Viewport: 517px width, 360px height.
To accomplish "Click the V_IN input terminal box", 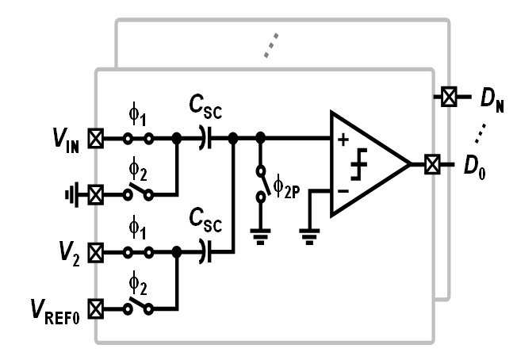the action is pyautogui.click(x=96, y=138).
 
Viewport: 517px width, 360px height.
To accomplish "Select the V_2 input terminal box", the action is pyautogui.click(x=96, y=252).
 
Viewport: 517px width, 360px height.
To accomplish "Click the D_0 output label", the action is pyautogui.click(x=474, y=167).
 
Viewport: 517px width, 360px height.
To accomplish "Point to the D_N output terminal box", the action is pyautogui.click(x=449, y=97).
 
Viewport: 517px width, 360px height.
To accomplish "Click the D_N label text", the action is pyautogui.click(x=492, y=101).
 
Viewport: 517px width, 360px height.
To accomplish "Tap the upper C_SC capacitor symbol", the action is pyautogui.click(x=205, y=138).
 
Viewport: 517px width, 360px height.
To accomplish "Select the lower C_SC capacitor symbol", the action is pyautogui.click(x=205, y=252).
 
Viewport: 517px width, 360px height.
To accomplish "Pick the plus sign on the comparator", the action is pyautogui.click(x=343, y=140).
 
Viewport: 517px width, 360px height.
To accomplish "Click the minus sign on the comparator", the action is pyautogui.click(x=343, y=191).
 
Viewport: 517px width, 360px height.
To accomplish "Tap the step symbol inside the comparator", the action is pyautogui.click(x=359, y=164).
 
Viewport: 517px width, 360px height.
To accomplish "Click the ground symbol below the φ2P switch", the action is pyautogui.click(x=260, y=237).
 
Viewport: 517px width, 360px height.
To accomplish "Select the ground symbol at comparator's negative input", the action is pyautogui.click(x=309, y=237).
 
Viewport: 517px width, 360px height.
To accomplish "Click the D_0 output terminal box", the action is pyautogui.click(x=432, y=164).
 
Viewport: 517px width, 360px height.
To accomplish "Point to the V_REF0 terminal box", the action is pyautogui.click(x=96, y=309).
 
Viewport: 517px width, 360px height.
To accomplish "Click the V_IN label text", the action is pyautogui.click(x=66, y=141).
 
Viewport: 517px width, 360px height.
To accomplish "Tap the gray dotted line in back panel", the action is pyautogui.click(x=271, y=45).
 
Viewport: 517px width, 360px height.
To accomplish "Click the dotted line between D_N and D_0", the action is pyautogui.click(x=480, y=133).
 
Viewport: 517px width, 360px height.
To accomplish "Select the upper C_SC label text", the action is pyautogui.click(x=205, y=107).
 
